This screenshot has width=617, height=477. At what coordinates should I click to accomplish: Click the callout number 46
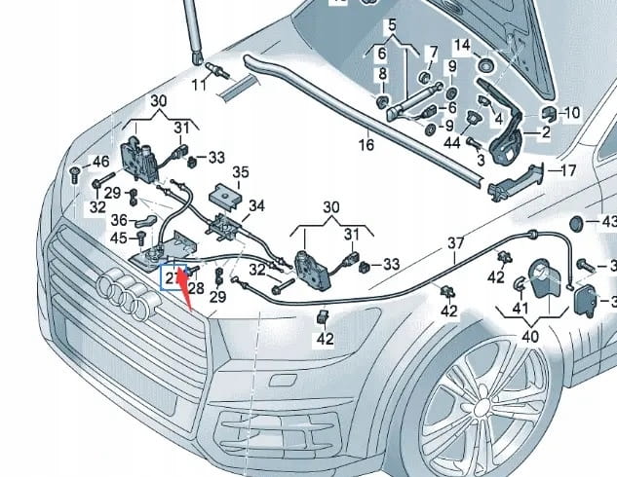tap(100, 161)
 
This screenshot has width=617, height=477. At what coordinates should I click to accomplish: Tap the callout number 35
tap(240, 171)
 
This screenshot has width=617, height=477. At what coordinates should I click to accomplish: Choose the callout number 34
tap(256, 205)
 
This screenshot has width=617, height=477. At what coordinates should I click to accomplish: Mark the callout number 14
tap(462, 45)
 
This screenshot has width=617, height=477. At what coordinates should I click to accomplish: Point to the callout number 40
tap(529, 336)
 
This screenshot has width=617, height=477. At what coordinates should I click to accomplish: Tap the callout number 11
tap(199, 86)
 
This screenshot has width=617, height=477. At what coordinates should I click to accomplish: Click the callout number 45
tap(118, 237)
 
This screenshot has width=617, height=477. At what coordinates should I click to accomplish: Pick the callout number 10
tap(570, 113)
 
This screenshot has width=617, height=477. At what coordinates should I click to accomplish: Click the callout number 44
tap(452, 143)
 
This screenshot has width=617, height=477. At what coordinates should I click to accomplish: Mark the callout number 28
tap(196, 288)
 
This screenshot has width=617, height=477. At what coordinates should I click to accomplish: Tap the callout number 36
tap(118, 220)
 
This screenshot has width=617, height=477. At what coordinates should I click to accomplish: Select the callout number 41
tap(521, 309)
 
